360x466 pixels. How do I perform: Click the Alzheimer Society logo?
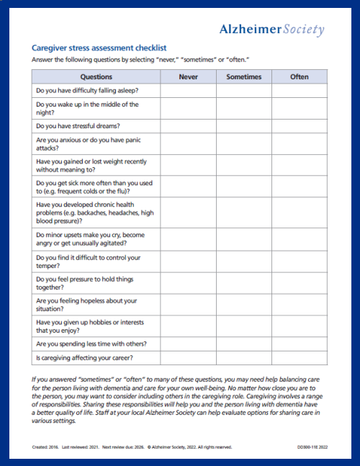click(271, 29)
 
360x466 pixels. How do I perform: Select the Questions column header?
click(96, 76)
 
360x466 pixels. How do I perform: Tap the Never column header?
click(188, 76)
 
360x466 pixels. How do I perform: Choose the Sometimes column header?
click(244, 76)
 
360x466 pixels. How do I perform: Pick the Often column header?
click(300, 76)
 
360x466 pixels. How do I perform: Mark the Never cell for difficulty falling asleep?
click(188, 90)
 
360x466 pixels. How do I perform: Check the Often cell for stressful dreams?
click(300, 125)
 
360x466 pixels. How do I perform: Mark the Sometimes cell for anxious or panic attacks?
click(244, 143)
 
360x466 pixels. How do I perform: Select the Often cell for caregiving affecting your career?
click(300, 357)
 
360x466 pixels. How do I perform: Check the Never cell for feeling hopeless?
click(188, 304)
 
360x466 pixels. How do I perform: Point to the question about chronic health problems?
click(94, 212)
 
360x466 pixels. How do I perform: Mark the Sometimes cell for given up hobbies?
click(244, 326)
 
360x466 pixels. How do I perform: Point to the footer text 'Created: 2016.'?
click(44, 447)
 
